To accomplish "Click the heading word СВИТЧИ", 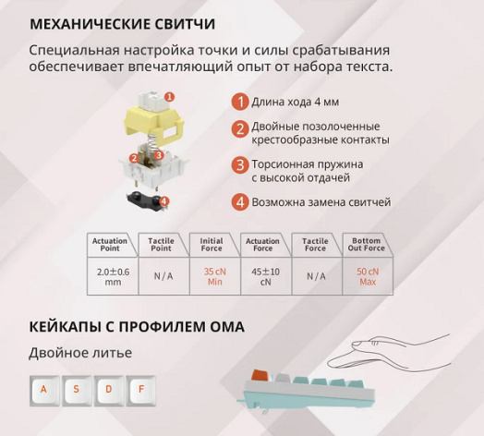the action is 185,24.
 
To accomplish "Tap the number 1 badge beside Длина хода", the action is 240,102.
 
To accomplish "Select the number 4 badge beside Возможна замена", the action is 240,202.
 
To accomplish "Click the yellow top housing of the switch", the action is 153,124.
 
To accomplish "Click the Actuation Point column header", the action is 110,245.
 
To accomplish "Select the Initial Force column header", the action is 212,245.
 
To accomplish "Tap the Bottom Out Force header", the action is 366,245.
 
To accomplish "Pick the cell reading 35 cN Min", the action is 215,276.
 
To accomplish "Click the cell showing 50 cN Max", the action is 368,276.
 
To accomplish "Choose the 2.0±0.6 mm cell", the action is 113,276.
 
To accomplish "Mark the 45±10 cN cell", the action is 266,276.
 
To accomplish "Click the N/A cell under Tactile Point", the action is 163,276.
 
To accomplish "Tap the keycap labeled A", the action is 44,391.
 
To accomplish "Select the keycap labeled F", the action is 141,391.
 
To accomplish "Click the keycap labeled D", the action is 109,391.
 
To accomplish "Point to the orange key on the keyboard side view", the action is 260,375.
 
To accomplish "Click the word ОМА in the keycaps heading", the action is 227,327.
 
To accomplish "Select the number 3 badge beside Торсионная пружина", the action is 240,164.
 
